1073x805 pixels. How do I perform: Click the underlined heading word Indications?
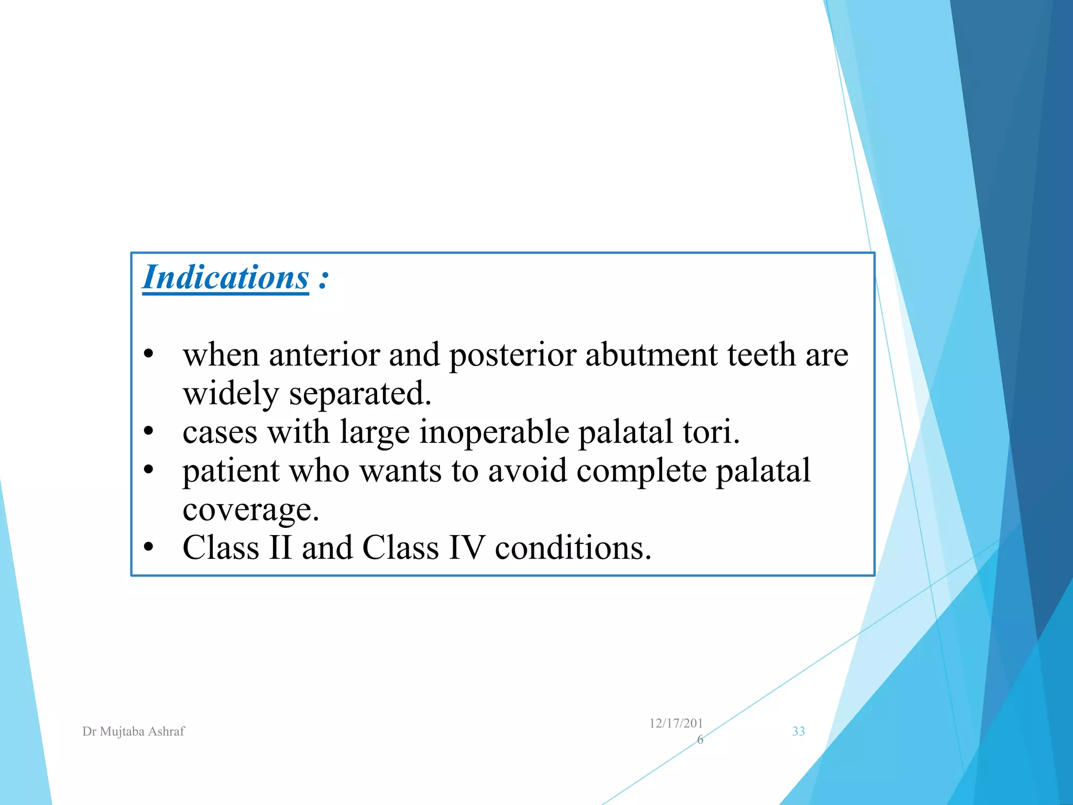click(x=226, y=278)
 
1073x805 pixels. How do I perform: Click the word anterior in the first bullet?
click(x=324, y=355)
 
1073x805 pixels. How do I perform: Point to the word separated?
click(x=360, y=394)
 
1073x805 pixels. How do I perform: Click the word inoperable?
click(x=494, y=433)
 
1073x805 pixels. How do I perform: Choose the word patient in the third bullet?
click(x=231, y=471)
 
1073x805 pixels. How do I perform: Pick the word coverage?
click(x=250, y=510)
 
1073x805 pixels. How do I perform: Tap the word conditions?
click(x=573, y=548)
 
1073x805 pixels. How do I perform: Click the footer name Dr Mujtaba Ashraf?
click(x=134, y=732)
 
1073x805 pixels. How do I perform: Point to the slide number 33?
click(x=798, y=732)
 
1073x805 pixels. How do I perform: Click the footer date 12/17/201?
click(x=676, y=724)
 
